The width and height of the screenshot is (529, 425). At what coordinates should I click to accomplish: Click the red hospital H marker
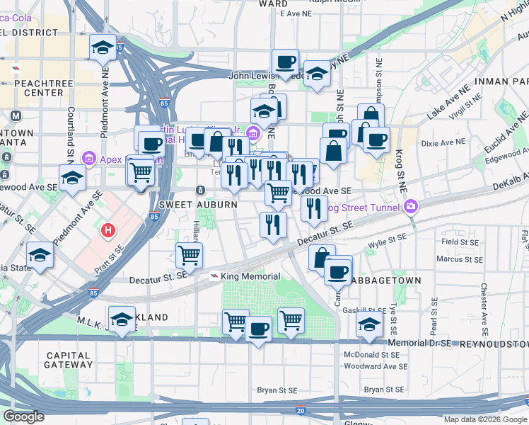point(108,230)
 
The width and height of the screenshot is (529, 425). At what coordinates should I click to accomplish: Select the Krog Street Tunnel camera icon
point(411,207)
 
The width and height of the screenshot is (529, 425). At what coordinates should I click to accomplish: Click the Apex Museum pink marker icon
point(89,157)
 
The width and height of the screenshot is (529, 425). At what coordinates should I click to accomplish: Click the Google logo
point(23,416)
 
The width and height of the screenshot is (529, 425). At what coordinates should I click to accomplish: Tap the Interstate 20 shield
point(301,409)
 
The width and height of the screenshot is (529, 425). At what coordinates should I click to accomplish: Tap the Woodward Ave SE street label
point(376,367)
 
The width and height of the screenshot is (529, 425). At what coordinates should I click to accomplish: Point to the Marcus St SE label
point(460,259)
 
